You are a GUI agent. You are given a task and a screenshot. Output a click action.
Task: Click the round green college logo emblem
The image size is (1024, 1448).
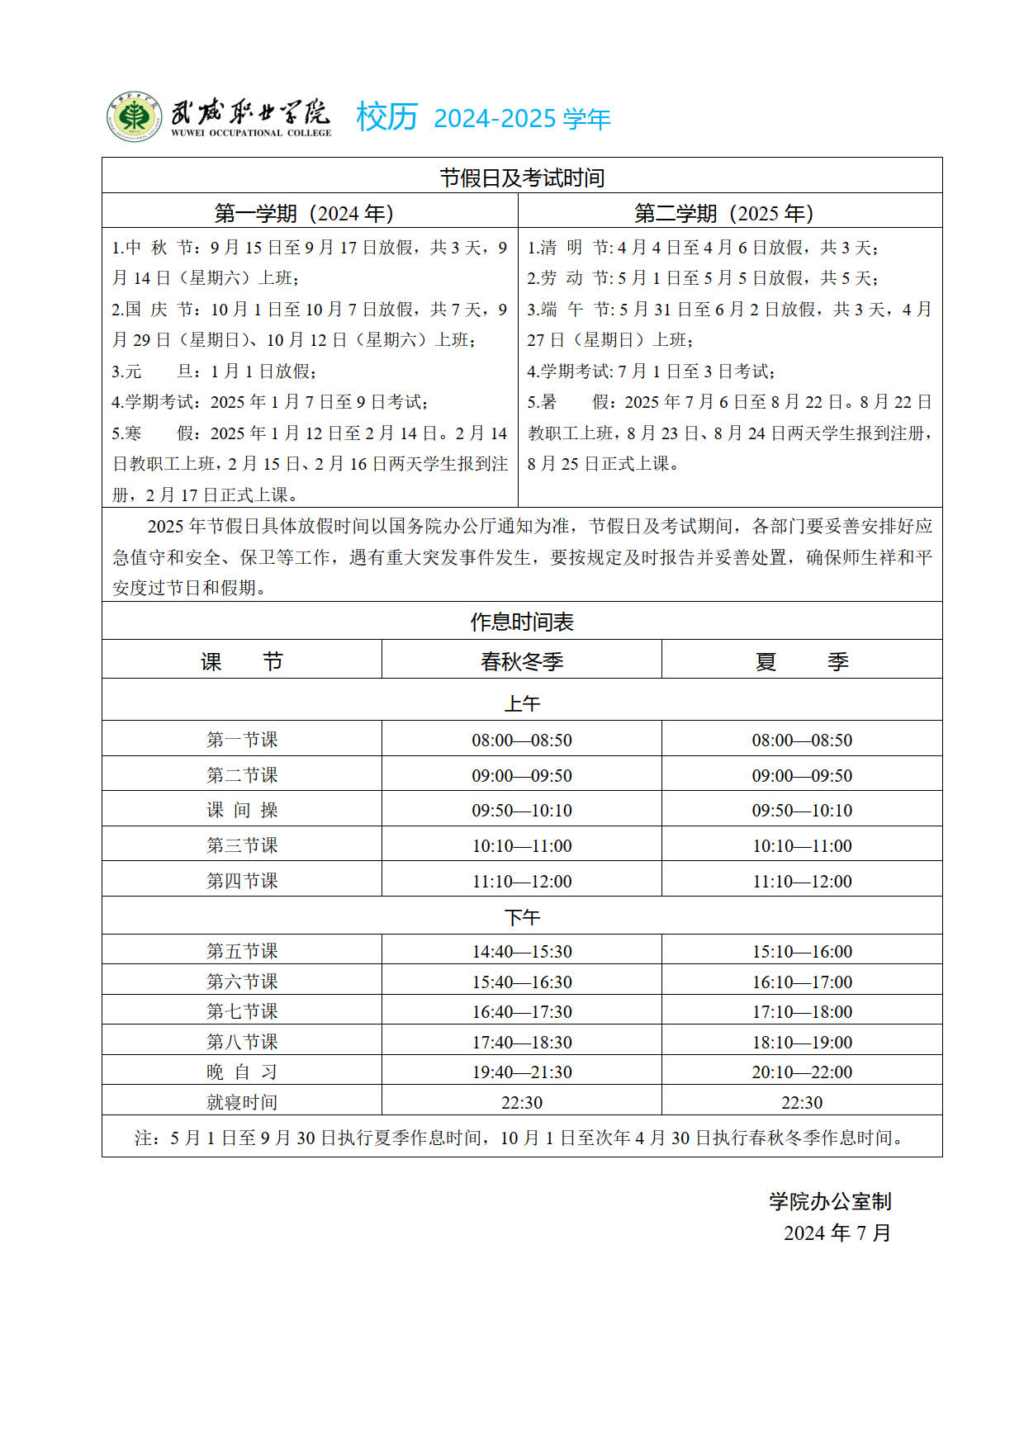133,116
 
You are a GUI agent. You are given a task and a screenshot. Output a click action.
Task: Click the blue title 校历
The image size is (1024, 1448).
386,117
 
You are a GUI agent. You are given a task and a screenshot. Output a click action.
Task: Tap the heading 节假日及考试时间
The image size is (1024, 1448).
522,177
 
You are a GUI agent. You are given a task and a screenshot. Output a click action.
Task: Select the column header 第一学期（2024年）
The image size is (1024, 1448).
304,214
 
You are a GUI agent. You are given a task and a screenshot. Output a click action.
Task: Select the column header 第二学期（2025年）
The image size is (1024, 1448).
724,214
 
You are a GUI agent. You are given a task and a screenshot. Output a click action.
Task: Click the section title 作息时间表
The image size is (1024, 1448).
522,622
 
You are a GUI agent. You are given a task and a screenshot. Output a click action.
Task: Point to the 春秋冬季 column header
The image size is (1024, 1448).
522,661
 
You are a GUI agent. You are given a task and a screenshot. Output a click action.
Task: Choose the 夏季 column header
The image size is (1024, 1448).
802,661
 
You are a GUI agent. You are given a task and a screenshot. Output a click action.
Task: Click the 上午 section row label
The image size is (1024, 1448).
522,703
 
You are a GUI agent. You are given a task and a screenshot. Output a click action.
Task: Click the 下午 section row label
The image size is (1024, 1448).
522,916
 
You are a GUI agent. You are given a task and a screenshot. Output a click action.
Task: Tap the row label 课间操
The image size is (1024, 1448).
242,810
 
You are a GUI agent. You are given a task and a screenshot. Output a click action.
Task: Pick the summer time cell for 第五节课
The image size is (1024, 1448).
802,951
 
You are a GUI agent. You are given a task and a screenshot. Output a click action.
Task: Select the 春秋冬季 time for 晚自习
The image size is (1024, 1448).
522,1072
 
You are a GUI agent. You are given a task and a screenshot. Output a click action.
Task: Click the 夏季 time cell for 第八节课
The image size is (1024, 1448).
802,1042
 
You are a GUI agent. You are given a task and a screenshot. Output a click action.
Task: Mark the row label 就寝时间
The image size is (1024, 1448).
242,1102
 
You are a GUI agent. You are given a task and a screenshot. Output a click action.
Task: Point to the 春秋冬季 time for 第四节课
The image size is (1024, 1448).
522,881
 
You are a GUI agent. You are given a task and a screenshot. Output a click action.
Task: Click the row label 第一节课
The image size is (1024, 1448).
242,740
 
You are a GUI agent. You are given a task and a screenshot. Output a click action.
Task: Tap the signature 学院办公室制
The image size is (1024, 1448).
830,1201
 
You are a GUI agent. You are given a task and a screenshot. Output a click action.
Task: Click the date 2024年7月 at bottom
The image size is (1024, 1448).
837,1233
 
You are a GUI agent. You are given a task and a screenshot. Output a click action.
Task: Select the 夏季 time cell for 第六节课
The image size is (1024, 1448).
802,982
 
